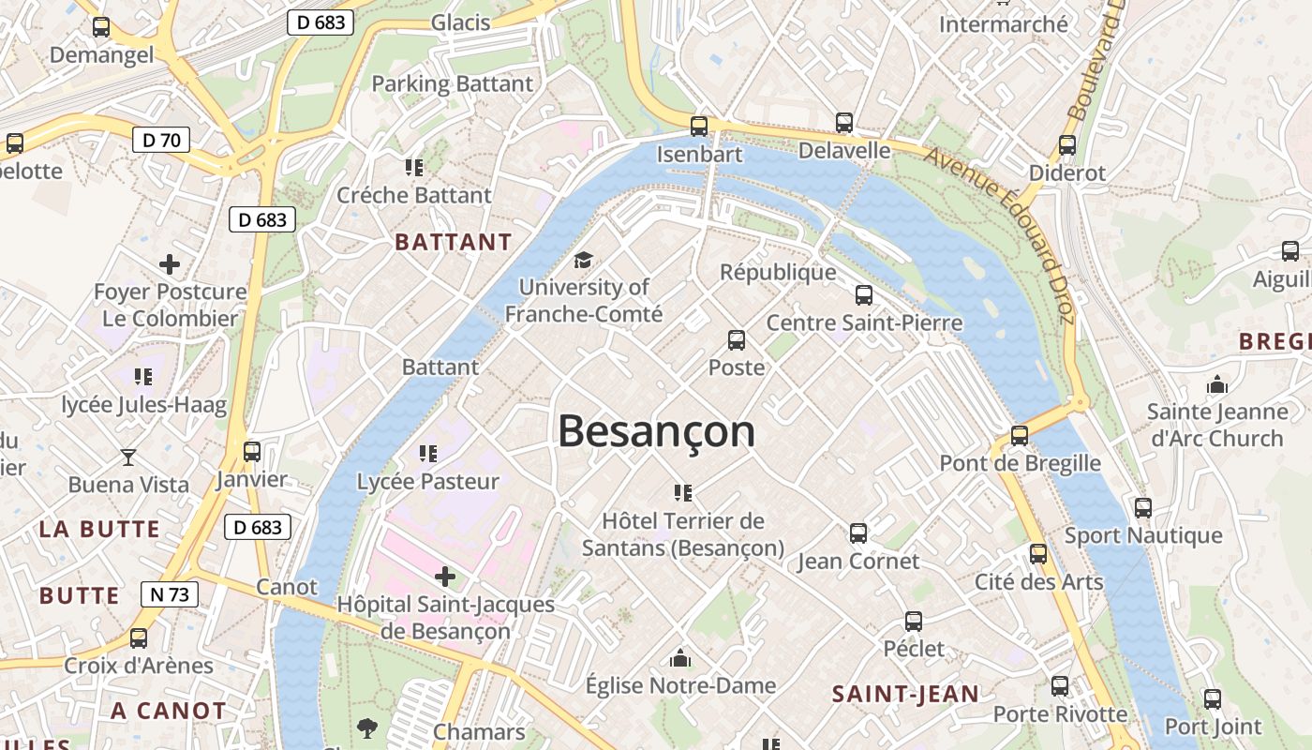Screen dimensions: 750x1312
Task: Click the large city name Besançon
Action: pyautogui.click(x=656, y=431)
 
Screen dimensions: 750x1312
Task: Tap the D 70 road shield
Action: pyautogui.click(x=161, y=141)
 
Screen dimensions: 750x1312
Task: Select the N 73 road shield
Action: pyautogui.click(x=170, y=593)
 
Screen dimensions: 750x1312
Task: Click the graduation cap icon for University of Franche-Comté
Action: pyautogui.click(x=583, y=260)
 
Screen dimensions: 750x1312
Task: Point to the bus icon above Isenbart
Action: pyautogui.click(x=698, y=126)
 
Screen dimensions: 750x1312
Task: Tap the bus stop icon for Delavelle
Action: pyautogui.click(x=844, y=122)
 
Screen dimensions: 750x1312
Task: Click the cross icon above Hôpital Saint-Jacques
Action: pyautogui.click(x=446, y=576)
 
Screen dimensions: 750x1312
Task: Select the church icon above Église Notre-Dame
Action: pyautogui.click(x=680, y=658)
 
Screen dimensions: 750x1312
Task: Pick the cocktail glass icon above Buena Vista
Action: pyautogui.click(x=128, y=457)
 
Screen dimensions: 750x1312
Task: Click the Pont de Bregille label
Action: pyautogui.click(x=1021, y=463)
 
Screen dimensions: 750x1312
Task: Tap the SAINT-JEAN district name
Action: pyautogui.click(x=905, y=694)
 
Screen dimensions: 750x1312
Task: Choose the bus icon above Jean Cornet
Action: pyautogui.click(x=857, y=533)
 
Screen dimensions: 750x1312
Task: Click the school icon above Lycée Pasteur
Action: pyautogui.click(x=428, y=454)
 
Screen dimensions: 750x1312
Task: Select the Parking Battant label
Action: pyautogui.click(x=452, y=83)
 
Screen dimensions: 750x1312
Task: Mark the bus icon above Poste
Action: pyautogui.click(x=737, y=339)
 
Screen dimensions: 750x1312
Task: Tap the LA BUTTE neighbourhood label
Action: pyautogui.click(x=99, y=529)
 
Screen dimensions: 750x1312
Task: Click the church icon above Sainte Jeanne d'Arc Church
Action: pyautogui.click(x=1217, y=384)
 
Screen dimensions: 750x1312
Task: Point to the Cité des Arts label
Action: pyautogui.click(x=1039, y=581)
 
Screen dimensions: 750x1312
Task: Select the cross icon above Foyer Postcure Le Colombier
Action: pyautogui.click(x=170, y=264)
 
